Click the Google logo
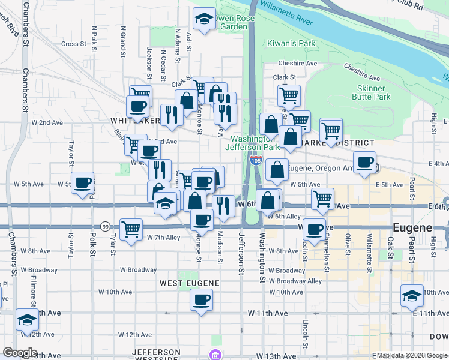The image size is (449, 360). [x=19, y=353]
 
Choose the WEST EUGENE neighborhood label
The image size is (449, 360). [x=187, y=282]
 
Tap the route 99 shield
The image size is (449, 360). [x=105, y=227]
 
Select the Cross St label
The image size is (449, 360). [x=74, y=44]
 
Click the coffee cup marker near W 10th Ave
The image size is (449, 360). [x=202, y=299]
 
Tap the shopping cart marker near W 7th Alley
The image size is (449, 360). [x=131, y=229]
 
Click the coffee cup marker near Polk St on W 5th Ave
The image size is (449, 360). [x=82, y=182]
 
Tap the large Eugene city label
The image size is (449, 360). [x=412, y=229]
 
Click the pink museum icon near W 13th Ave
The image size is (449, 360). [x=214, y=355]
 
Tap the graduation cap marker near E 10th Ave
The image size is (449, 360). [x=412, y=295]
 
